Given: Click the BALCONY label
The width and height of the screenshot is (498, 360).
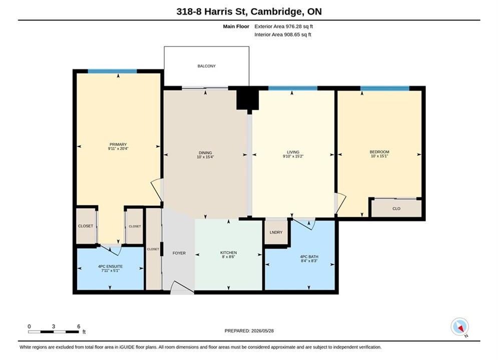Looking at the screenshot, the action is coord(206,66).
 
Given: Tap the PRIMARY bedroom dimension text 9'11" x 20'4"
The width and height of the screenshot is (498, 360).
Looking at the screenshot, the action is coord(118,148).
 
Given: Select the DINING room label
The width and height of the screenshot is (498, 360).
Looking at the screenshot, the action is coord(205,152).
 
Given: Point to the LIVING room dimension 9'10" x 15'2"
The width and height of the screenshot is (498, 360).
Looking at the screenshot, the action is coord(293,156).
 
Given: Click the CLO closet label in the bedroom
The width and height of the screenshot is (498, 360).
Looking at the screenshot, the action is coord(396,208).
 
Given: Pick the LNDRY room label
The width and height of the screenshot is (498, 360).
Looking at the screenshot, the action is coord(276,232).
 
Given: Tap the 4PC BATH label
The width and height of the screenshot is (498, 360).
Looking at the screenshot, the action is coord(309,256).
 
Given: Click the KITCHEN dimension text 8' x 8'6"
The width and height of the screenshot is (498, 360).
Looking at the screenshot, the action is coord(229,257).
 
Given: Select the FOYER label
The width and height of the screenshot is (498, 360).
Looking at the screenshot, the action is coord(179,253).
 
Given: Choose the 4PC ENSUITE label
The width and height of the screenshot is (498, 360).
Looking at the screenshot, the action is coord(110,266).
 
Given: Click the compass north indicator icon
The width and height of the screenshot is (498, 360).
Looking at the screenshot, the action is coord(459,326).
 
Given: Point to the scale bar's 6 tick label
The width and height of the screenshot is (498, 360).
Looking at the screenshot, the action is coord(79,326).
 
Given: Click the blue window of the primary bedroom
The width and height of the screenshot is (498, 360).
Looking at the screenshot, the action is coord(113,71).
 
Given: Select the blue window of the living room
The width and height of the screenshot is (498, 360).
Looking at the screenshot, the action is coord(293,88).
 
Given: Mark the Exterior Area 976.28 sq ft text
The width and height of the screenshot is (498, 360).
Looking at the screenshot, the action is coord(284,26).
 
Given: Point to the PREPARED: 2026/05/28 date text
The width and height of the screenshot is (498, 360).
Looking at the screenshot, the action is coord(249,331).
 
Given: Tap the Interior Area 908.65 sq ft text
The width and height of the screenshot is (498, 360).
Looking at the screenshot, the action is coord(283,34).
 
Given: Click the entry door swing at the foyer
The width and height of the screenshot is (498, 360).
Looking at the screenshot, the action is coord(182,287).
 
